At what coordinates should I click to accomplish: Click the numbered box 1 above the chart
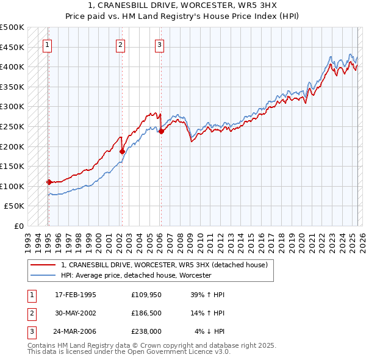tap(47, 44)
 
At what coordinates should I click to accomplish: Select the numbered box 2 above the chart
tap(121, 44)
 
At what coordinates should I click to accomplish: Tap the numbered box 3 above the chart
tap(159, 44)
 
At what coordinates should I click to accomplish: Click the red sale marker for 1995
tap(49, 182)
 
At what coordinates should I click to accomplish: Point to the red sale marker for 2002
tap(122, 151)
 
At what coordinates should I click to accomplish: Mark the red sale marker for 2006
tap(161, 131)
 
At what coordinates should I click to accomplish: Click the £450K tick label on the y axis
tap(12, 47)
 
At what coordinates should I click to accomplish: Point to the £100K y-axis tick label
tap(12, 186)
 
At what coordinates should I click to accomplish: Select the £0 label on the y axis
tap(18, 226)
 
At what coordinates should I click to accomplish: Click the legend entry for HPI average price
tap(135, 276)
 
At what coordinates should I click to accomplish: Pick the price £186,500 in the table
tap(146, 313)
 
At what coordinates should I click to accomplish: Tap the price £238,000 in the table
tap(146, 331)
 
